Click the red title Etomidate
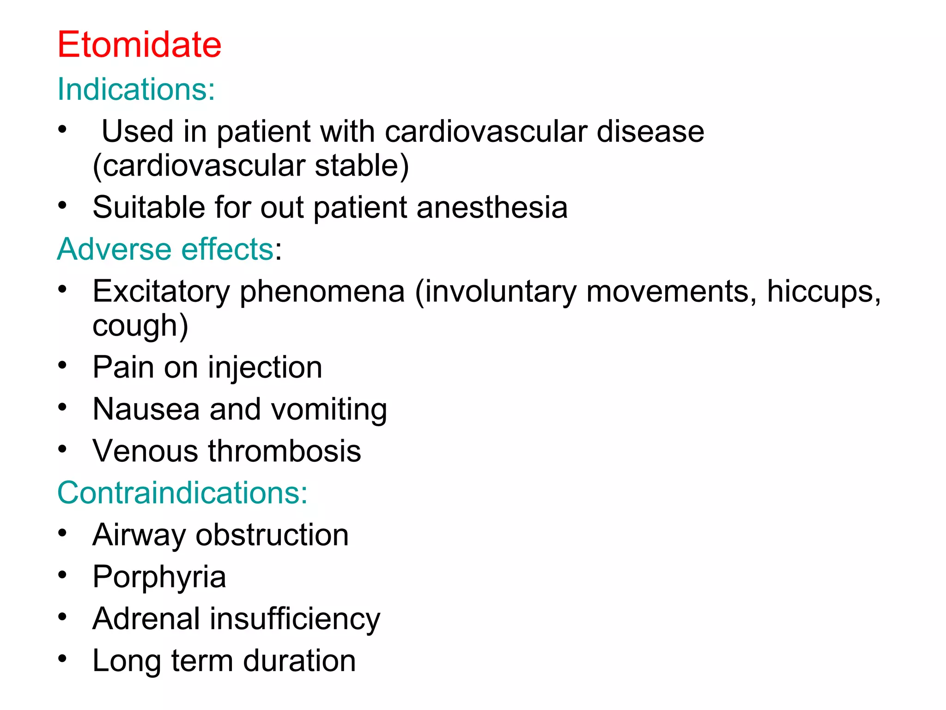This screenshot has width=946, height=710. tap(139, 44)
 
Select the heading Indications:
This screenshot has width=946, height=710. tap(136, 89)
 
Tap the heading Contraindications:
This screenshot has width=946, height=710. tap(182, 492)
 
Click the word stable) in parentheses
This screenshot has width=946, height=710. tap(362, 165)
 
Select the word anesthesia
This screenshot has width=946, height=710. tap(492, 207)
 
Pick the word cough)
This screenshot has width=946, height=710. tap(140, 325)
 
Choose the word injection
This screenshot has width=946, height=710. tap(265, 367)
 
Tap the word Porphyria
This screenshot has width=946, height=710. tap(159, 577)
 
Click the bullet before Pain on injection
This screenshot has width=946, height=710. tap(62, 366)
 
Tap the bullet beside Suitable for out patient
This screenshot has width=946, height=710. tap(62, 205)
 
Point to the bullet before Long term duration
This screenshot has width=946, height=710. tap(62, 659)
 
